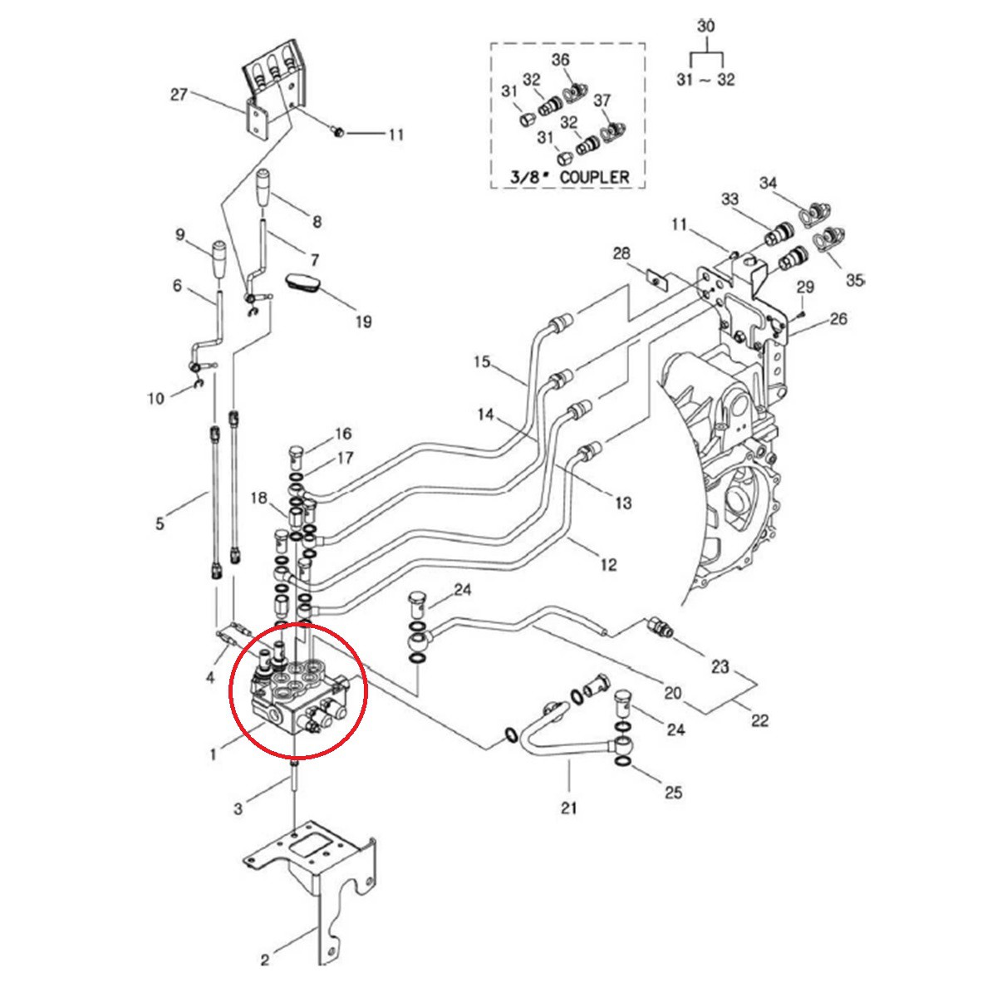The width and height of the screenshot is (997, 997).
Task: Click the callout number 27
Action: point(179,95)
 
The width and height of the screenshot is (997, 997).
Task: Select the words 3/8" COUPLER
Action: point(569,177)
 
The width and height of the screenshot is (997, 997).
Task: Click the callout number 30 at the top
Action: point(705,26)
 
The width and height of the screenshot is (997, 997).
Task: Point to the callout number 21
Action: point(569,806)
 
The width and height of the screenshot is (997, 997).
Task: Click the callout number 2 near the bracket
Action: point(265,961)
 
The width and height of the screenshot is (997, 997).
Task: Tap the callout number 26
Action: point(838,319)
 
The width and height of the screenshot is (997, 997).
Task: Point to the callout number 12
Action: point(608,565)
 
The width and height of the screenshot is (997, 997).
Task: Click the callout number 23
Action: point(720,665)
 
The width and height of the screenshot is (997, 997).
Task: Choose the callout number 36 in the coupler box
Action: point(561,60)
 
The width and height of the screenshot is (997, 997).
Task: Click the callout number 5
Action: point(160,523)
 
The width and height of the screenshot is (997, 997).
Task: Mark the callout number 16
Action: point(343,433)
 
